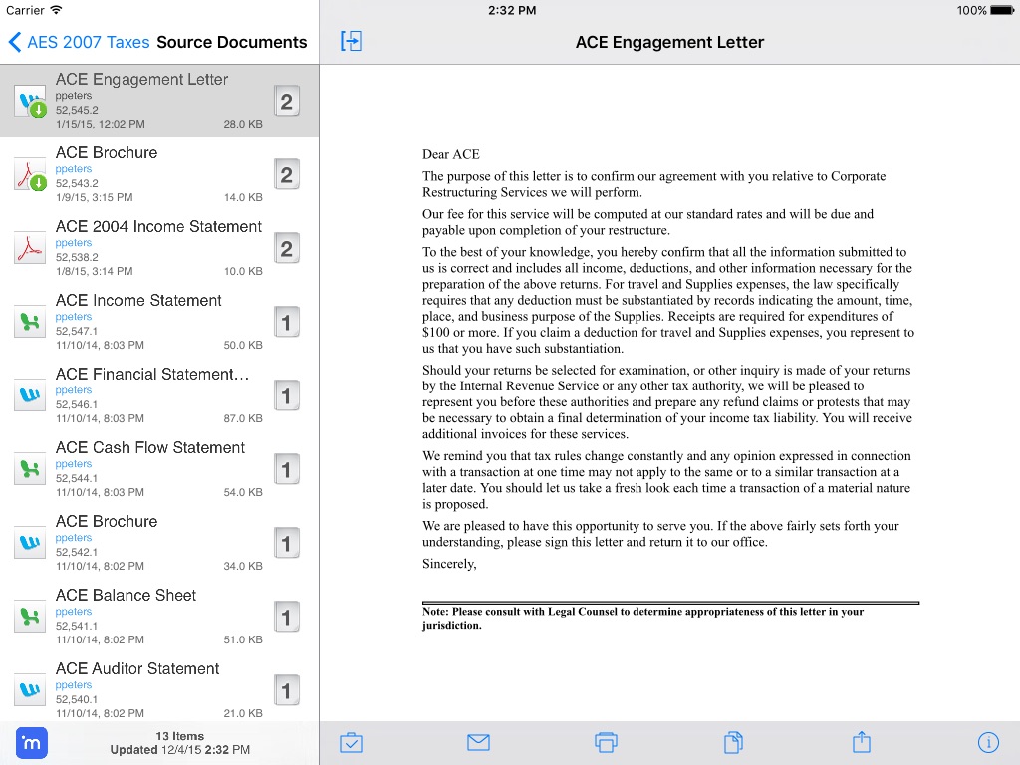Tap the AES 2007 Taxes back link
(x=80, y=42)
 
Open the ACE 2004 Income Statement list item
(x=158, y=227)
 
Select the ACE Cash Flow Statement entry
(x=149, y=448)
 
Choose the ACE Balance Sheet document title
(x=126, y=596)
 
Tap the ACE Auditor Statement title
(x=137, y=669)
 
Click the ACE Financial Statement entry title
(x=151, y=375)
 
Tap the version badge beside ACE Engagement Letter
(x=287, y=101)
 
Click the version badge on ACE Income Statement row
(x=287, y=322)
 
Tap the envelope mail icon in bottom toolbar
(x=478, y=742)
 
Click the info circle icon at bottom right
(x=988, y=742)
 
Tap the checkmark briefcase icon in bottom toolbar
(x=351, y=742)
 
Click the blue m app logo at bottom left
(x=32, y=743)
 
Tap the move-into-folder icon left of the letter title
(x=351, y=41)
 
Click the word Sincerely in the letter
(x=449, y=564)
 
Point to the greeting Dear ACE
(x=451, y=154)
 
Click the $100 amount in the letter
(x=436, y=332)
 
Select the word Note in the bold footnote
(x=434, y=612)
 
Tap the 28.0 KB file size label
(x=243, y=125)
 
